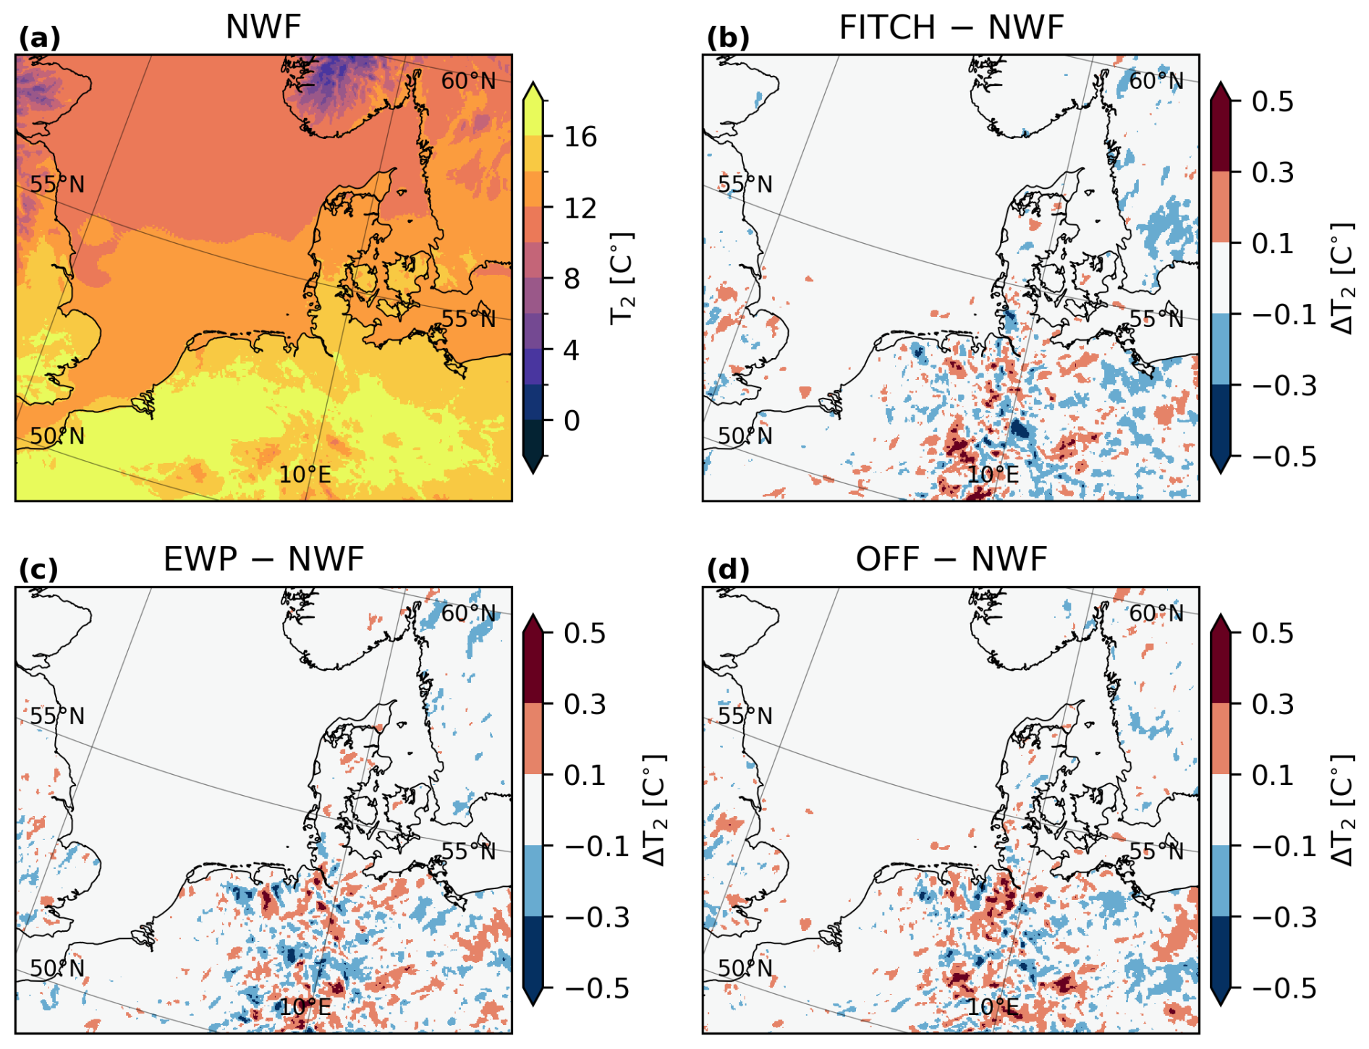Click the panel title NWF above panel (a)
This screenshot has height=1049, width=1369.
(x=263, y=27)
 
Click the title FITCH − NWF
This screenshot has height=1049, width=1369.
(x=951, y=28)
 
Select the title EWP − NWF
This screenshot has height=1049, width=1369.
(x=263, y=559)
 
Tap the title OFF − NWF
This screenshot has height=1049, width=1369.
(x=951, y=559)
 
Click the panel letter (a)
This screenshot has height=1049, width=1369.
(x=39, y=38)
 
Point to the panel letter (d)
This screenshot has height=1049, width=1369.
(x=727, y=570)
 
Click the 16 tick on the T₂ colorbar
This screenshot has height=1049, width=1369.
(x=580, y=136)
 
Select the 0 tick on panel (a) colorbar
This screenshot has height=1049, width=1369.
(x=572, y=420)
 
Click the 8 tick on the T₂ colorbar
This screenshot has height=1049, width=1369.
(x=572, y=279)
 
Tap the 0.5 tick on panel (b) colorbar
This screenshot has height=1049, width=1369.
(x=1273, y=101)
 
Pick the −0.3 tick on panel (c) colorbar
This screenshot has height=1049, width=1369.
(x=597, y=917)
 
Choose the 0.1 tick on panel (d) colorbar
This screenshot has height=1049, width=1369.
(x=1273, y=775)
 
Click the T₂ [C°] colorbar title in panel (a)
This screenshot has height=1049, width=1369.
(x=622, y=279)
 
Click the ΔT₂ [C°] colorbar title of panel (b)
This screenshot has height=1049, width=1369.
(x=1343, y=279)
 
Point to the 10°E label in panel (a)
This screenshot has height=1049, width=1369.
(x=305, y=475)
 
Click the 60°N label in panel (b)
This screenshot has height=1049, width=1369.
(x=1156, y=81)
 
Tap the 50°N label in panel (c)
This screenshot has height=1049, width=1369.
(x=57, y=968)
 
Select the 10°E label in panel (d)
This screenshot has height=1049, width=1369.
(x=993, y=1006)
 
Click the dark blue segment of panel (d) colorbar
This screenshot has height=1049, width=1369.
(x=1220, y=951)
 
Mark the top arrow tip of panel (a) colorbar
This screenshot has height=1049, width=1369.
(x=533, y=83)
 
